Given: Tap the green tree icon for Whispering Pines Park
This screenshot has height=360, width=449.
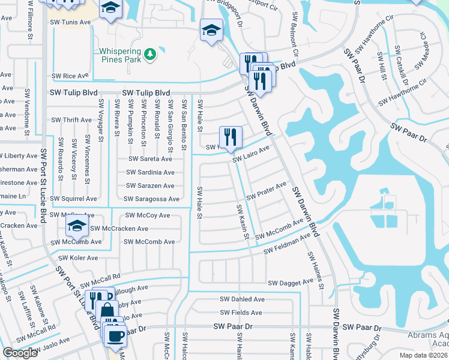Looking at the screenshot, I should click(149, 55).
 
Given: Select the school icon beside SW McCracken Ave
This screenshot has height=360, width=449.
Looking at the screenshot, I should click(77, 226).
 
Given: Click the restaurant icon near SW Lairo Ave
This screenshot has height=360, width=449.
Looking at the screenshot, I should click(231, 137).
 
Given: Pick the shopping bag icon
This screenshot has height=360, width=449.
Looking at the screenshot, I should click(107, 310).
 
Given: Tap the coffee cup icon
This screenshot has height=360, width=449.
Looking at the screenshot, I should click(115, 335).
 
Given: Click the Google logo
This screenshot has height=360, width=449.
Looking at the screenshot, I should click(20, 353).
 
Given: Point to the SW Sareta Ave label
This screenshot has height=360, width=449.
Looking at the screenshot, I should click(151, 159).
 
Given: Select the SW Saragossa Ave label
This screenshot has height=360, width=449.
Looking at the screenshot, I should click(151, 199).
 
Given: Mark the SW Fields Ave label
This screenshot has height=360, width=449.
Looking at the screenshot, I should click(241, 313).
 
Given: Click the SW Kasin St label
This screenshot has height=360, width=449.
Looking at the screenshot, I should click(243, 221).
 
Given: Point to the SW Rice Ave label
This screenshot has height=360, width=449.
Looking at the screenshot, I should click(70, 76).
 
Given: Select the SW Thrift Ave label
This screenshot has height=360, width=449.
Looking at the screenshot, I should click(71, 120).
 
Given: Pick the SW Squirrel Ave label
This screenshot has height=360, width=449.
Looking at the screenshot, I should click(73, 199).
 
